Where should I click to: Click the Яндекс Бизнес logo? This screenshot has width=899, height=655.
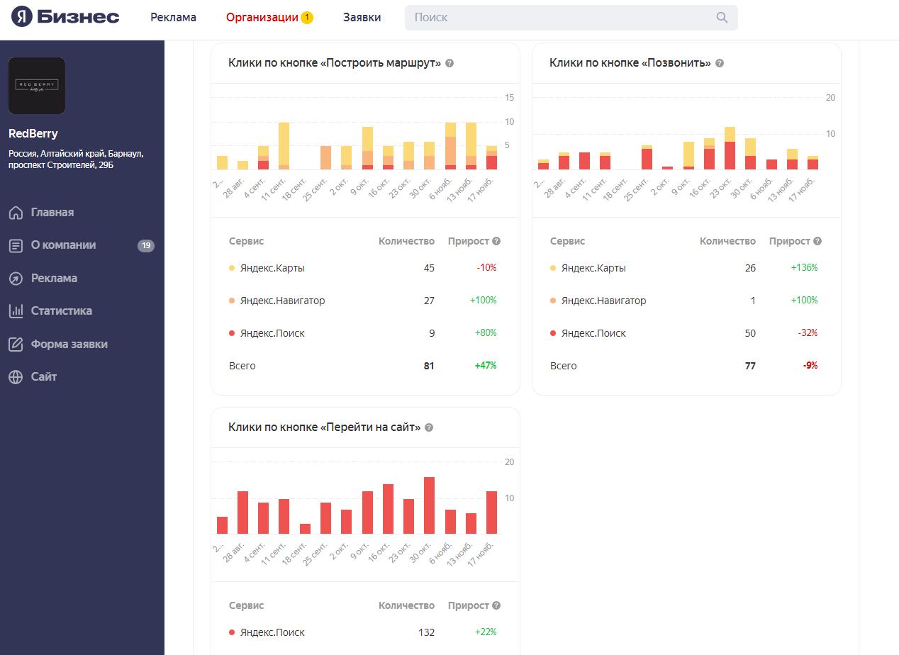coord(65,17)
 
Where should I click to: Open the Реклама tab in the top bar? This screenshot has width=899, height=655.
coord(173,17)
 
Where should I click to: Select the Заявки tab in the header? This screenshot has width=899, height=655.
coord(362,17)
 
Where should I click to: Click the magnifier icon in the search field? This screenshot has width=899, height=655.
coord(722,18)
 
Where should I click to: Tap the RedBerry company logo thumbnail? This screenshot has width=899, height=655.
coord(37,86)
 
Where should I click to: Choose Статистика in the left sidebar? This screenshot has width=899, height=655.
coord(61,310)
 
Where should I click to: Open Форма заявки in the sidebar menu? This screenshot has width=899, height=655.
coord(69,344)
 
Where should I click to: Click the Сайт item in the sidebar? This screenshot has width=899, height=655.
coord(43,376)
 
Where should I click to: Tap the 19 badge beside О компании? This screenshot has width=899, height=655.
coord(146,245)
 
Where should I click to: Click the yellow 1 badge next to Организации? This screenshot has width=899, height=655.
coord(307,17)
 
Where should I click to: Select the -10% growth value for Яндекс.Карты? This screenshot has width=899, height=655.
coord(486,268)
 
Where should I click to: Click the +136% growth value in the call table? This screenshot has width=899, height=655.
coord(804,268)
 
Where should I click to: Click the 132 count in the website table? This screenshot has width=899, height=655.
coord(426,632)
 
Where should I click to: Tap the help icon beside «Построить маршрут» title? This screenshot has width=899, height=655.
coord(449,63)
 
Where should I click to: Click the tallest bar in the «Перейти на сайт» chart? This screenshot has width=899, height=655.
coord(429,505)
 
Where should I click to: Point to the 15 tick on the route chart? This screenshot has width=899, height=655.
coord(509,97)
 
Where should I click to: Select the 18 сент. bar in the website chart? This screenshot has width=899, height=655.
coord(305,529)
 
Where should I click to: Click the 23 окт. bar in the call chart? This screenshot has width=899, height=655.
coord(730,149)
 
